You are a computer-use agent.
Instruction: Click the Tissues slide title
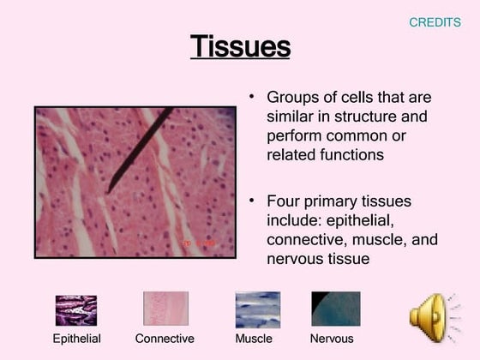(x=240, y=46)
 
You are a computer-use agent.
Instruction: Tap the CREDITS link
(x=435, y=22)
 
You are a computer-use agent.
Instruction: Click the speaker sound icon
(x=431, y=317)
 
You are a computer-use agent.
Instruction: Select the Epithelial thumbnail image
(x=76, y=310)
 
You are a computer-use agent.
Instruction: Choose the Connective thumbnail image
(x=165, y=309)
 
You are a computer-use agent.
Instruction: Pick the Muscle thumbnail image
(x=257, y=309)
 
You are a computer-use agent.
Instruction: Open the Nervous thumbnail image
(x=335, y=309)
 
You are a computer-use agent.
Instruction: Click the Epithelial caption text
(x=77, y=339)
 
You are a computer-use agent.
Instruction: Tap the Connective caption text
(x=165, y=339)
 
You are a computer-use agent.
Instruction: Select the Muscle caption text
(x=254, y=339)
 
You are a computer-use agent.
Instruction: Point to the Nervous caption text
(x=332, y=339)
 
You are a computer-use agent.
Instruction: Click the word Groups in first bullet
(x=291, y=98)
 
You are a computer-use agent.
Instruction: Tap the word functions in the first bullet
(x=346, y=155)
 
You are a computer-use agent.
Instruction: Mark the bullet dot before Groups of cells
(x=252, y=96)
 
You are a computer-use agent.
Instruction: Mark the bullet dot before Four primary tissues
(x=252, y=200)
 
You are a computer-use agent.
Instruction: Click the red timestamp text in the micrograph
(x=200, y=243)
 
